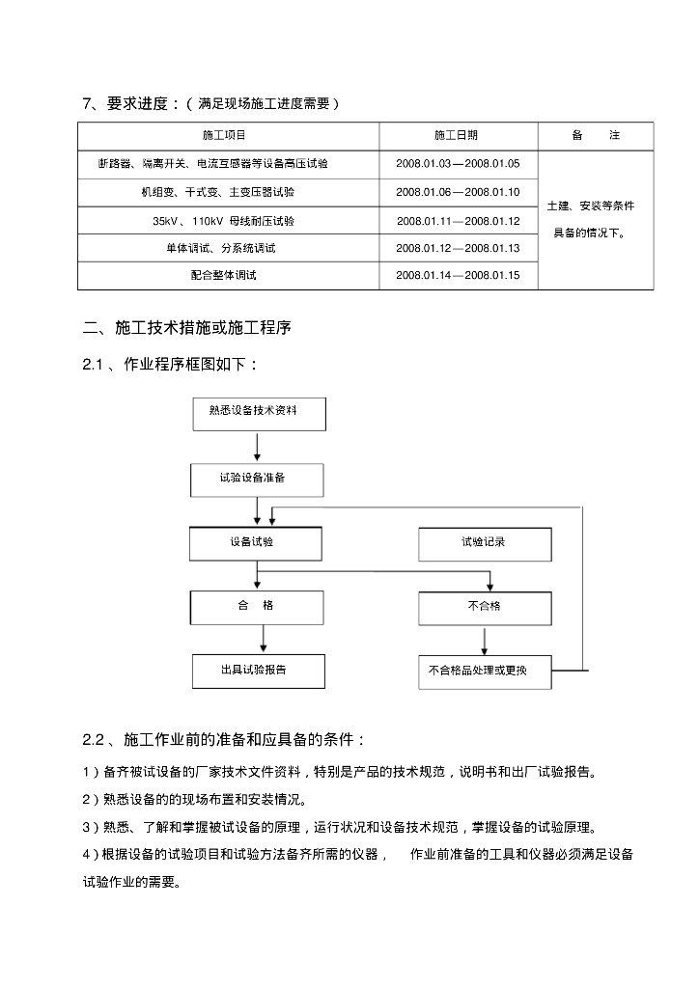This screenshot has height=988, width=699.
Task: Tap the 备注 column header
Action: [595, 136]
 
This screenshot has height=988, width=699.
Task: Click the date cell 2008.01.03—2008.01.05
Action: [458, 164]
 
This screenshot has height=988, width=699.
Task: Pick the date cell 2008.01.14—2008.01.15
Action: [458, 276]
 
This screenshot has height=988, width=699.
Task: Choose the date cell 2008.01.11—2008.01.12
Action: [458, 221]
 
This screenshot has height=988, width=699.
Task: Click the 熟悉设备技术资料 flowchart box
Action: [259, 413]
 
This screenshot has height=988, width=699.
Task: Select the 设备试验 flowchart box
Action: [257, 543]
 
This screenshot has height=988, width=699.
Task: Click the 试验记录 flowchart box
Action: [485, 543]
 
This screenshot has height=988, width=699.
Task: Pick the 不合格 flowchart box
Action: [485, 607]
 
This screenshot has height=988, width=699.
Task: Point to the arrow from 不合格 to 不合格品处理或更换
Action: [485, 640]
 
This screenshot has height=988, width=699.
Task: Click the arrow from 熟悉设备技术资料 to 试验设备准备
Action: [257, 446]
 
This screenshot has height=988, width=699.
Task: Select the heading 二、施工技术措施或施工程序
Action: [187, 329]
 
